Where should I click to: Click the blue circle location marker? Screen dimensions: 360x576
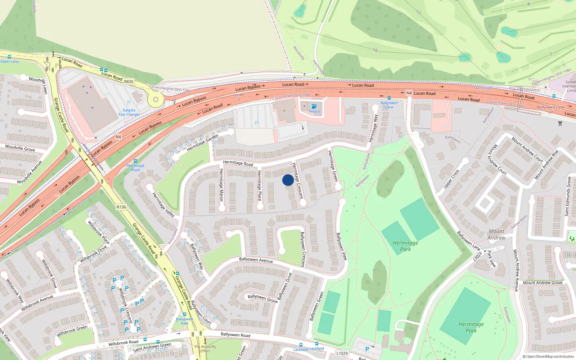tap(288, 180)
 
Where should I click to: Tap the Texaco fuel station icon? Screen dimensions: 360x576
tap(314, 106)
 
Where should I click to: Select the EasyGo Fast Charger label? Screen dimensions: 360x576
tap(129, 112)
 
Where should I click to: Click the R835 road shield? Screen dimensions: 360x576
tap(129, 82)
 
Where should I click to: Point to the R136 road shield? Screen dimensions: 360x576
tap(121, 207)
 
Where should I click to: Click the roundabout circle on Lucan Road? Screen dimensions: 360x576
tap(156, 99)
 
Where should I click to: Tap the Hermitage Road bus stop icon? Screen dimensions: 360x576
tap(135, 161)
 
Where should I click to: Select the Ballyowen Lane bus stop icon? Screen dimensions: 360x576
tap(389, 98)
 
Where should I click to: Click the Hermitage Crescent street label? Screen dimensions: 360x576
tap(298, 181)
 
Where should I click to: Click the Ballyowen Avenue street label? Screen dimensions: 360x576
tap(256, 260)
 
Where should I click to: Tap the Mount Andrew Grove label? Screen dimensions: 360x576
tap(542, 283)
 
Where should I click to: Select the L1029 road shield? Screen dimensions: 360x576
tap(342, 353)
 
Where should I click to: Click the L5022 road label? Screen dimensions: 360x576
tap(477, 256)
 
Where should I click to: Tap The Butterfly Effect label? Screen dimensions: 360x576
tap(205, 349)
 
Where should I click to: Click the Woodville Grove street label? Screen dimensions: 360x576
tap(20, 148)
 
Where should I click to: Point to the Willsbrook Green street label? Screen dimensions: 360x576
tap(72, 331)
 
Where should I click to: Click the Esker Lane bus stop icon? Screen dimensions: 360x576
tap(9, 57)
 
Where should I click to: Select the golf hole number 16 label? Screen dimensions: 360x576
tap(375, 50)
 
